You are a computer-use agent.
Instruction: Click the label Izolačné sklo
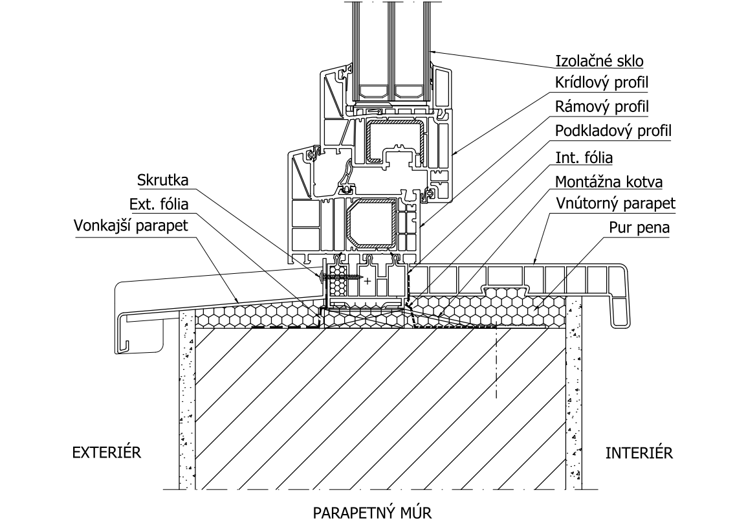600,61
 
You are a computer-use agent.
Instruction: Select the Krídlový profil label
602,84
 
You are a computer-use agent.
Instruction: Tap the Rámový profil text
602,106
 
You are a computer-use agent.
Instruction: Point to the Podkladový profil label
613,130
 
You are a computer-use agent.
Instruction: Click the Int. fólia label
584,157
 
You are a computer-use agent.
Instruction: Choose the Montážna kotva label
609,182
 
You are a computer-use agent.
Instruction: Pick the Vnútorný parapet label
615,204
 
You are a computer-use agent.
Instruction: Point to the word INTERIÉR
639,452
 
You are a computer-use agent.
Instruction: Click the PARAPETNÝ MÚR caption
371,513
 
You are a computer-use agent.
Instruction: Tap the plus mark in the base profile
368,282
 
